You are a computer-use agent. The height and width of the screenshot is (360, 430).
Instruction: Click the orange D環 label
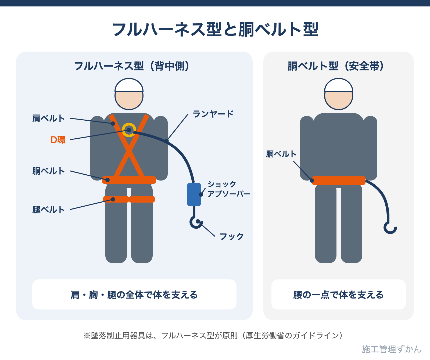coord(58,140)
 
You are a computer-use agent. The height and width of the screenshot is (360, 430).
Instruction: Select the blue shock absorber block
coord(194,195)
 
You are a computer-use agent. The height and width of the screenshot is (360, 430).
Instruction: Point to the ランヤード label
coord(213,114)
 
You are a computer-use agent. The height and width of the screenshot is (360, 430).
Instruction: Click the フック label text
coord(232,236)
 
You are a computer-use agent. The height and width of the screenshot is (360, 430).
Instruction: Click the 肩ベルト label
coord(49,118)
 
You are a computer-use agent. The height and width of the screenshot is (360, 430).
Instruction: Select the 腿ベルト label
coord(49,210)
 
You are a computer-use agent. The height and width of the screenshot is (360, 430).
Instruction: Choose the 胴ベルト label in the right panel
coord(281,154)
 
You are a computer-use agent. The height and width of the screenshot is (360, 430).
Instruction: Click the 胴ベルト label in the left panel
coord(49,171)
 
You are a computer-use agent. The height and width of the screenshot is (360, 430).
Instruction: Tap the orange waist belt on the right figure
coord(339,181)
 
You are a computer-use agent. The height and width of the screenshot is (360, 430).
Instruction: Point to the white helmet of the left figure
coord(129,85)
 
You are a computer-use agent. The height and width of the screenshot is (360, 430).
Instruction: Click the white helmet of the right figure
coord(339,85)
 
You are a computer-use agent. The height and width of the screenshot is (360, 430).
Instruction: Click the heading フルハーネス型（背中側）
coord(132,66)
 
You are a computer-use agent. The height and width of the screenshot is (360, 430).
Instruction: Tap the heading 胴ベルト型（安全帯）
coord(336,66)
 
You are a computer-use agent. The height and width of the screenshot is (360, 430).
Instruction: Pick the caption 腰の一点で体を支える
coord(338,295)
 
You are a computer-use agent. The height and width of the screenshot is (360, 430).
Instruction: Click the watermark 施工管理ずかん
coord(392,349)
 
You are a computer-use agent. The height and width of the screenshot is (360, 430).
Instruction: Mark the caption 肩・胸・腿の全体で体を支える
coord(134,295)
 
